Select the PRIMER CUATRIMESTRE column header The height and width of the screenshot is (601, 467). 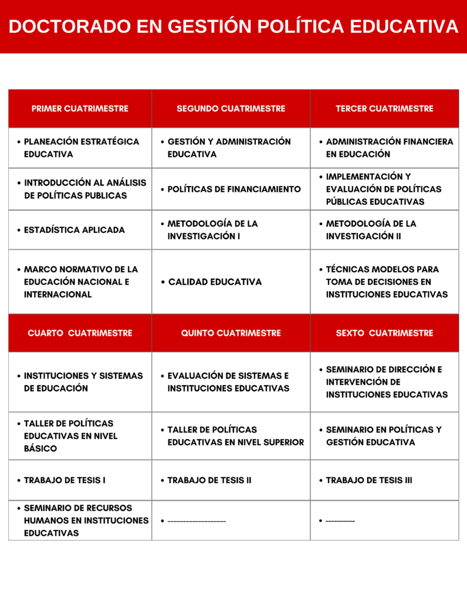coord(80,109)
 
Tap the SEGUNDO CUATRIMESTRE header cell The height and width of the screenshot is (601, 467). coord(231,109)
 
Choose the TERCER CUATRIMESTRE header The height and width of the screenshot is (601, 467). coord(384,109)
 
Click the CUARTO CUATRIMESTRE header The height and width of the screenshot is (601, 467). coord(80,333)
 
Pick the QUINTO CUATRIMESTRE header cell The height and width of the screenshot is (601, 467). coord(231,333)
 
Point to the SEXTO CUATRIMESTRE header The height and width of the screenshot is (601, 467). coord(384,333)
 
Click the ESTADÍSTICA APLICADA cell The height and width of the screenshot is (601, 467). coord(74,230)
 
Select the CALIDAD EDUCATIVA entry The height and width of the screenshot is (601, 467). coord(215,282)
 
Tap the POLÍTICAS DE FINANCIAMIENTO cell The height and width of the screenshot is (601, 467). coord(233,189)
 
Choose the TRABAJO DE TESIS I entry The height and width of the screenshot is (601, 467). coord(65,480)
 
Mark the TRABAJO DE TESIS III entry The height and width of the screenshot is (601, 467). coord(368,480)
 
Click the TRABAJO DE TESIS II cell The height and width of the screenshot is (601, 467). coord(209,480)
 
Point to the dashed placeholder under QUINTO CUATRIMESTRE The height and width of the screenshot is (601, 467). coord(197,521)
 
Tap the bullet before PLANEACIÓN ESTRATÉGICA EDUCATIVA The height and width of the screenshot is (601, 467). coord(19,142)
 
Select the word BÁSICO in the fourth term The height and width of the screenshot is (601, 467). coord(40,449)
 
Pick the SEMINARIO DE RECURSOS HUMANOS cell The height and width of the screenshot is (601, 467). coord(80,521)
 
